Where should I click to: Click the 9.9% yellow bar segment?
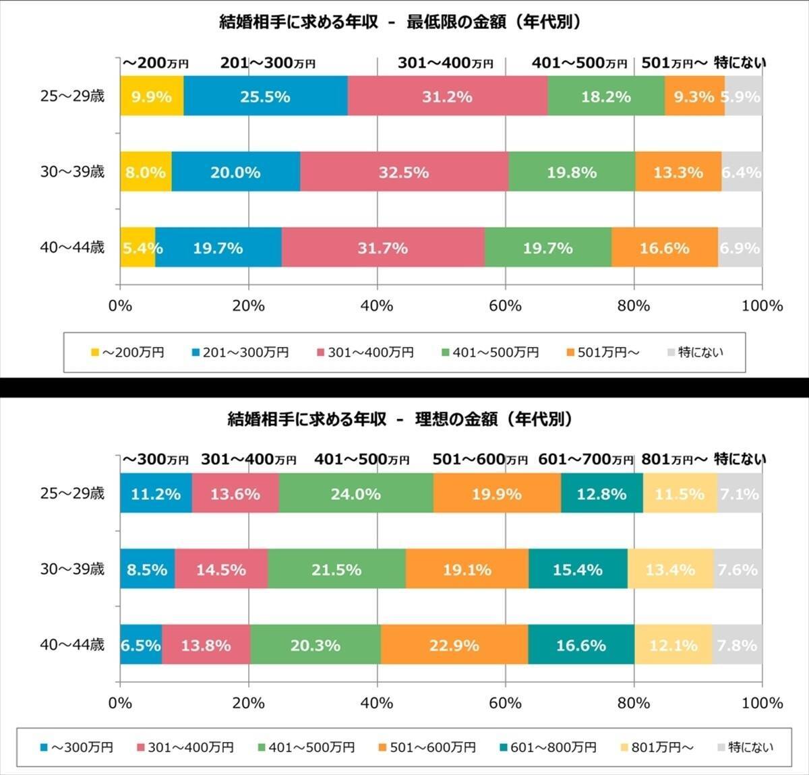pos(152,96)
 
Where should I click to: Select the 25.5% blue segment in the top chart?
pos(265,96)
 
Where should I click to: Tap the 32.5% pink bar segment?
pos(404,172)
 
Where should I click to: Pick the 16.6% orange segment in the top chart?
pos(664,248)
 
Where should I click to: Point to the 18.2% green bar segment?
pos(605,96)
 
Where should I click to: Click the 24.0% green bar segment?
pos(356,493)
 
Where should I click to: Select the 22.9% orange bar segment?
pos(454,645)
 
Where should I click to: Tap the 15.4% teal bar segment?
pos(578,569)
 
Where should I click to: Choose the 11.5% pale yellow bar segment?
pos(680,493)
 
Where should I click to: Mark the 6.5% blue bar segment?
pos(140,645)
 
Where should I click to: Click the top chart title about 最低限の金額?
pos(400,22)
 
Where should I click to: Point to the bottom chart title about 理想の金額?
pos(400,419)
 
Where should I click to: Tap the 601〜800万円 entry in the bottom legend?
pos(547,747)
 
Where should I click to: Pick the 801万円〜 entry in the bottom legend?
pos(656,747)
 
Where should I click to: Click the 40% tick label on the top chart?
pos(377,306)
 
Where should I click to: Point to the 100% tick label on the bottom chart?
pos(762,703)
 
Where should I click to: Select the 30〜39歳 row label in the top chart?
pos(72,172)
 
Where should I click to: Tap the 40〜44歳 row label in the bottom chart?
pos(72,645)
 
